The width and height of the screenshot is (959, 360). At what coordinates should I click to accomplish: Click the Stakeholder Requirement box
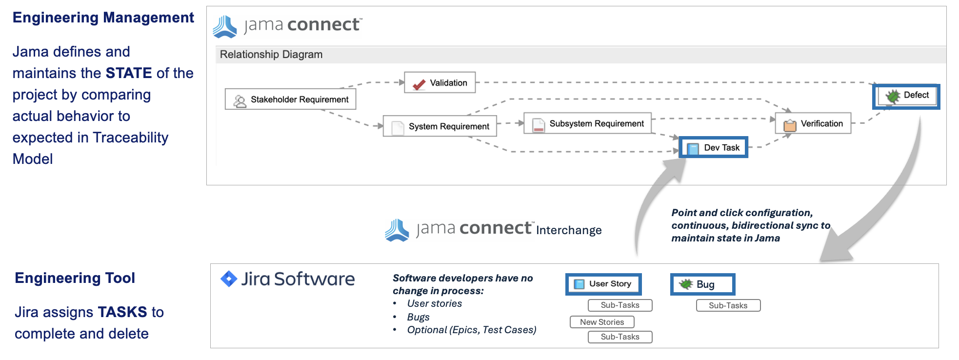pos(290,99)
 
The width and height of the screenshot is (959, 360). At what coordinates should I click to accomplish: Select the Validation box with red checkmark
pos(440,83)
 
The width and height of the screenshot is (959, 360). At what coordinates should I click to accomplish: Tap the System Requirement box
pos(440,126)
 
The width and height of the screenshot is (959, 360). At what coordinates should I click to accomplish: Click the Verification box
pos(813,123)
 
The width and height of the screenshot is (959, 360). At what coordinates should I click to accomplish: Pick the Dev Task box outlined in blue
pos(713,147)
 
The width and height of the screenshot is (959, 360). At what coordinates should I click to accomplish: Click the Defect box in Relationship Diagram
pos(906,96)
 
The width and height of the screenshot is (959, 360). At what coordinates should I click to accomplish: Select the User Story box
pos(603,284)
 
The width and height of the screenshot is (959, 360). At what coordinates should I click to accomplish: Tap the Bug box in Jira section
pos(702,284)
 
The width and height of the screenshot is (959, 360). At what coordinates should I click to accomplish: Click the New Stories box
pos(602,322)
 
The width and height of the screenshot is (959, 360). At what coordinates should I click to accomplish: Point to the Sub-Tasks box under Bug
pos(728,305)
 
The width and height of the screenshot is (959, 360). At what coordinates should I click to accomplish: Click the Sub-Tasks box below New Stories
pos(619,337)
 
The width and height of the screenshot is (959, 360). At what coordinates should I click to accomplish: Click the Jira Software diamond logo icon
pos(229,279)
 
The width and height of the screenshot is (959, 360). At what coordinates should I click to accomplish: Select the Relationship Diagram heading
pos(271,55)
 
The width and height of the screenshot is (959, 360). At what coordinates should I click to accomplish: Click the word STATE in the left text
pos(129,73)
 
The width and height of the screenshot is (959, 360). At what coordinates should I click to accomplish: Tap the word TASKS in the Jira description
pos(122,312)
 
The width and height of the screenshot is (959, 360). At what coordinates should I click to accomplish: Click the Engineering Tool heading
pos(75,278)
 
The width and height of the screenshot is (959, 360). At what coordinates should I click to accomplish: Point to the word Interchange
pos(569,230)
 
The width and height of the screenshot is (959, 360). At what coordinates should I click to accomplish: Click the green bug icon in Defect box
pos(893,96)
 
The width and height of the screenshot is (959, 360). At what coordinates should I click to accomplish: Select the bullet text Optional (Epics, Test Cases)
pos(471,330)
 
